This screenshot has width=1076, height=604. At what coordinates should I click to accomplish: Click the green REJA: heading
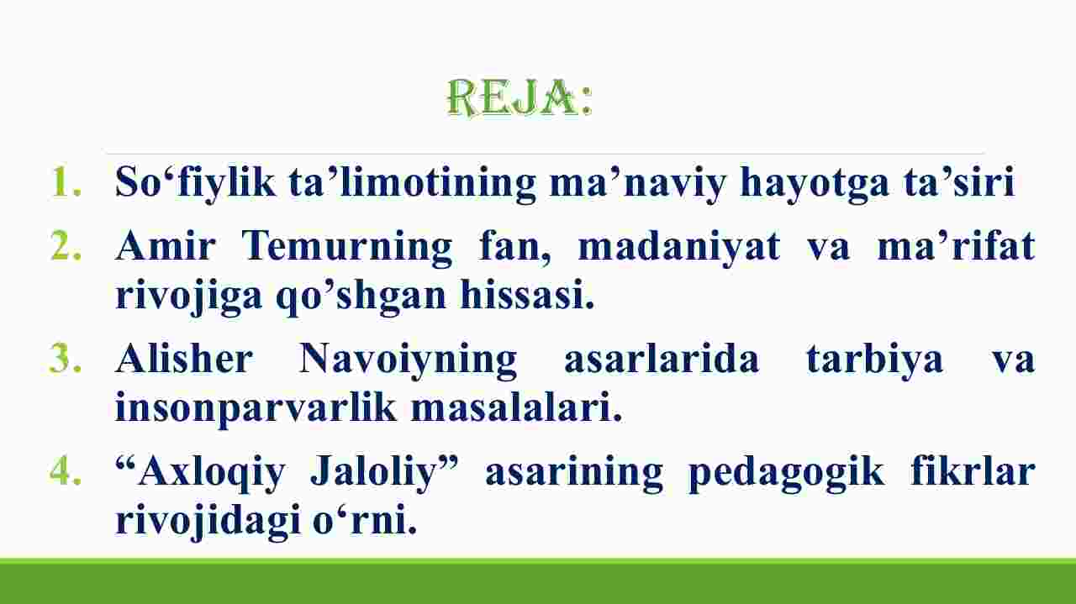coord(520,97)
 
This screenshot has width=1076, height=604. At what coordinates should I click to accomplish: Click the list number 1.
coord(66,181)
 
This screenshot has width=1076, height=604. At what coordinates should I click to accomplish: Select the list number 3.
coord(66,357)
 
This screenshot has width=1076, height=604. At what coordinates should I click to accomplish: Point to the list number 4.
coord(66,470)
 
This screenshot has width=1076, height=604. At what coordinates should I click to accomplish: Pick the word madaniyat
coord(678,246)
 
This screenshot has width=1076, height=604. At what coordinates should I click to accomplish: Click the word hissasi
coord(527,294)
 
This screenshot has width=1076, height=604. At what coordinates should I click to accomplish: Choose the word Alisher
coord(184,358)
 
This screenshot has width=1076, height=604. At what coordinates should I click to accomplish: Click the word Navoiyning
coord(409,360)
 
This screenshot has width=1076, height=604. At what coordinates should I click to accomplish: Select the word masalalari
coord(516,407)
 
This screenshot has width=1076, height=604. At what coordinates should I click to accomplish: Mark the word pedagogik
coord(786,473)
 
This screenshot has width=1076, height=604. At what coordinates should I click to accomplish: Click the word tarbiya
coord(875,360)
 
